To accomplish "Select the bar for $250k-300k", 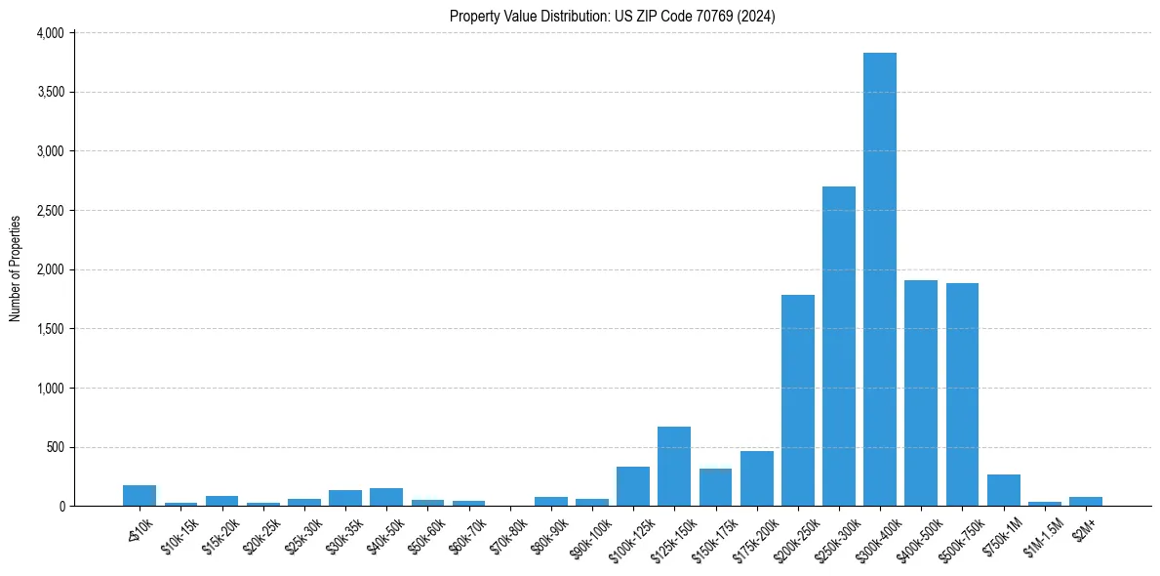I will point(838,346).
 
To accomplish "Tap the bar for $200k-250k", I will point(797,400).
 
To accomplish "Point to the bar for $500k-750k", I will point(962,394).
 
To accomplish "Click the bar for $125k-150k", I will point(674,467).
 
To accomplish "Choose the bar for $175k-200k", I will point(756,478).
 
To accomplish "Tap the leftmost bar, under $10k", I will point(140,496).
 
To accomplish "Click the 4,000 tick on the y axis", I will point(50,33).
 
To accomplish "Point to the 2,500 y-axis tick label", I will point(50,211).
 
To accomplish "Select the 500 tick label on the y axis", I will point(55,447).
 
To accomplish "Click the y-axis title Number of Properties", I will point(16,268).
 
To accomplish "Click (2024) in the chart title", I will point(757,16).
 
